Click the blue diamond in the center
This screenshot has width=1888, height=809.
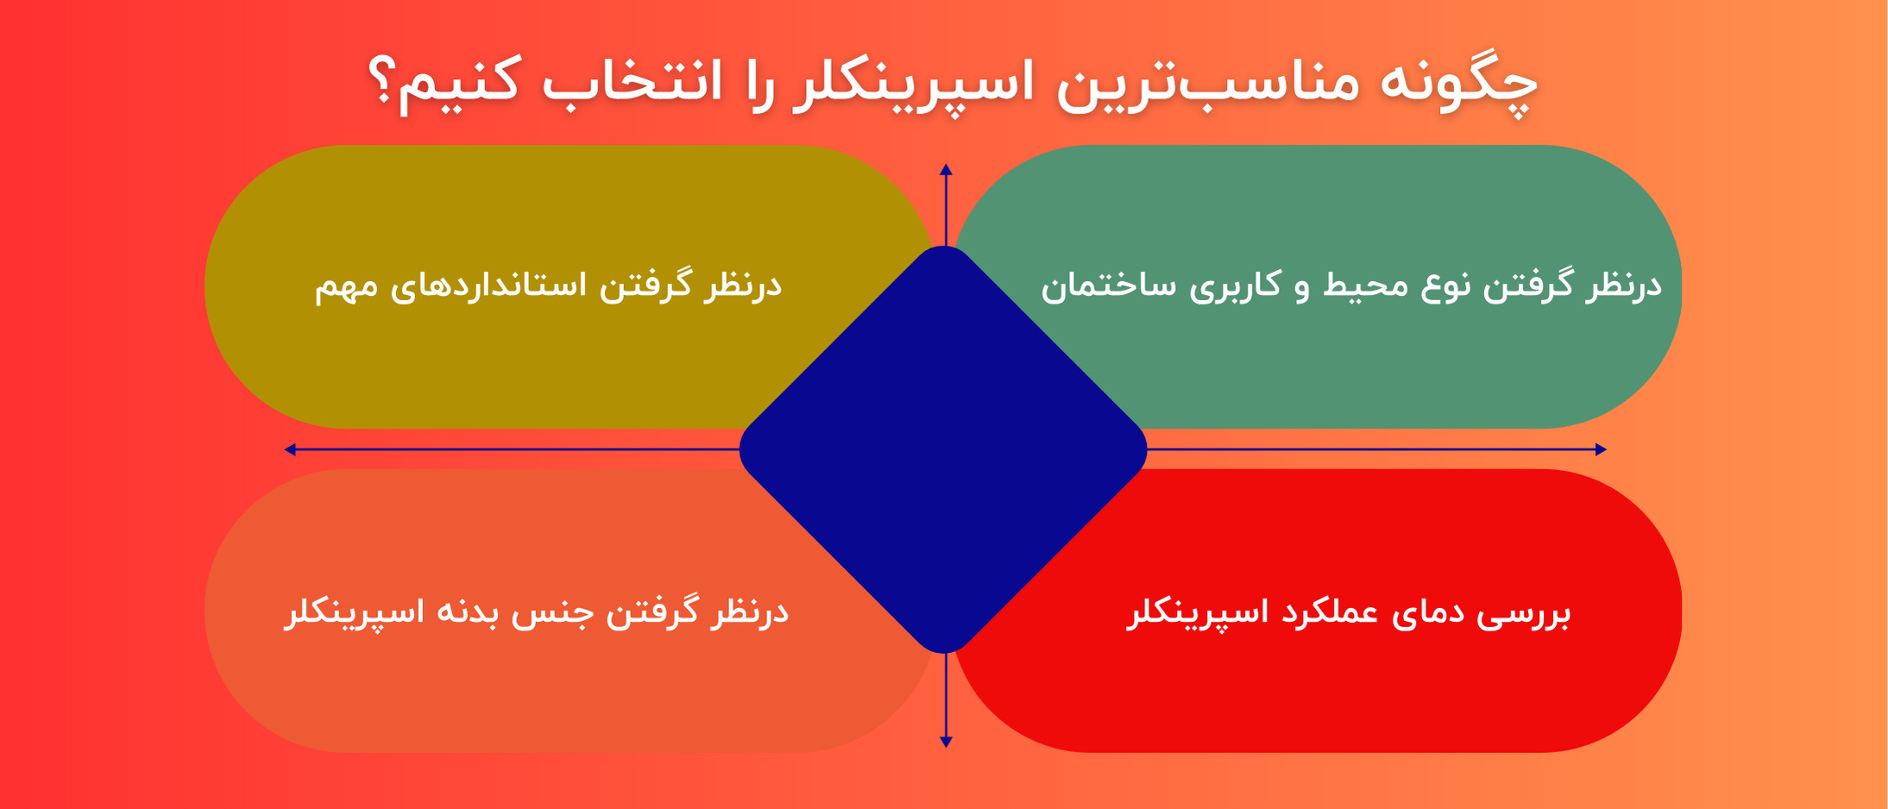click(943, 449)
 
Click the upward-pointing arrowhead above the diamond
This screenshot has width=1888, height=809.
click(946, 170)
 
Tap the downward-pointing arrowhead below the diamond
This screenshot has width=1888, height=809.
click(946, 742)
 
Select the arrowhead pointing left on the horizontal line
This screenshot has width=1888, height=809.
click(291, 449)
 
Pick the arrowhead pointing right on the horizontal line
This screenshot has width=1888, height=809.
click(1601, 449)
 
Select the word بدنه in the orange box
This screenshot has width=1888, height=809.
click(465, 612)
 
